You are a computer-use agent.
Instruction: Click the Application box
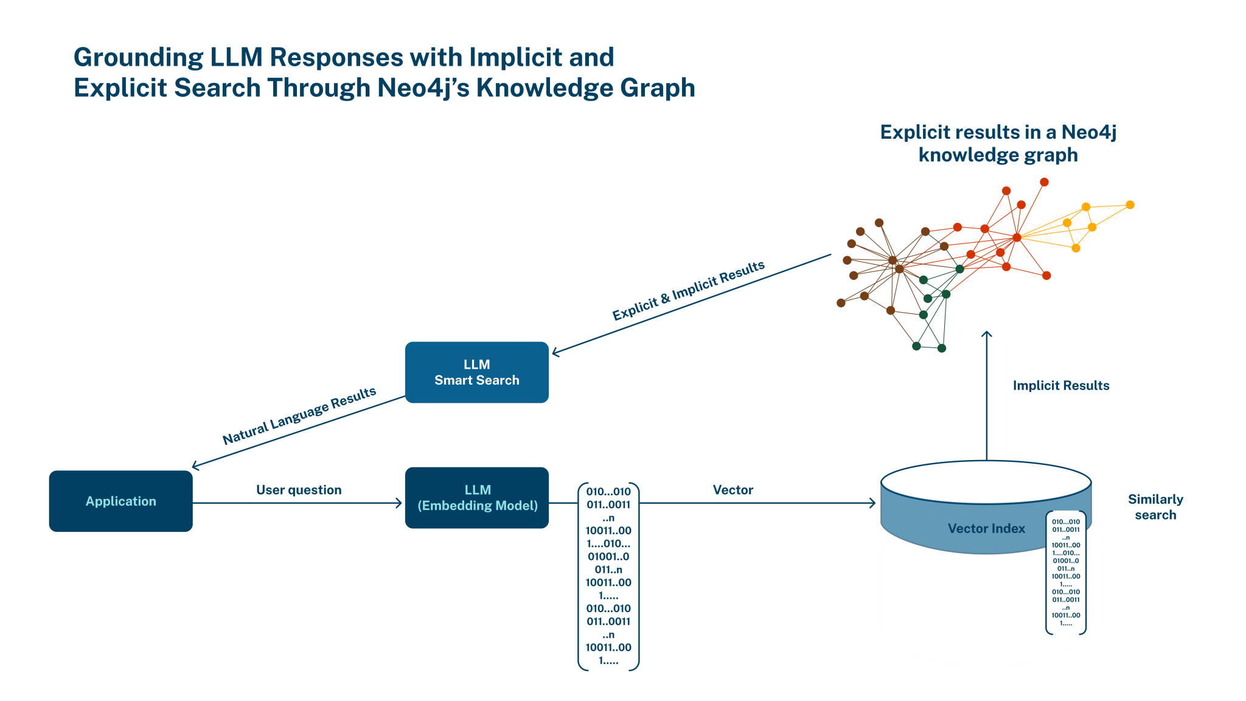pos(120,501)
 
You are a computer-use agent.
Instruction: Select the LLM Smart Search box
pos(476,372)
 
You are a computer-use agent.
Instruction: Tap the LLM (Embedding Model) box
pos(476,498)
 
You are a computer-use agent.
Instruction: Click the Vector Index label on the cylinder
pos(986,528)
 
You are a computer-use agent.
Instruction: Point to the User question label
pos(299,490)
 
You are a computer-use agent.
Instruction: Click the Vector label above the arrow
pos(733,490)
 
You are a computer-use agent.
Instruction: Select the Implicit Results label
pos(1060,385)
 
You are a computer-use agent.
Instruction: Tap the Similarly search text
pos(1155,507)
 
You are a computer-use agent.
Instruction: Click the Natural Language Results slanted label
pos(299,416)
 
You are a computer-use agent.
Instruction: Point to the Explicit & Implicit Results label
pos(688,291)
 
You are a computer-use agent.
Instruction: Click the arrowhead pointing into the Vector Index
pos(873,503)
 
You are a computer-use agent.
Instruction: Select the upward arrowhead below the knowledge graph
pos(987,334)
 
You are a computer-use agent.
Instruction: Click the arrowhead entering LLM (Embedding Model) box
pos(399,503)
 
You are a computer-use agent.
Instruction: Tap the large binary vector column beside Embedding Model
pos(608,575)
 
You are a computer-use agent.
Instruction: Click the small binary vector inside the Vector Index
pos(1065,572)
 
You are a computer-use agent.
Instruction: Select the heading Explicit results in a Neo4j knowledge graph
pos(998,143)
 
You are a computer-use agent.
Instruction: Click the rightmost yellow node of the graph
pos(1130,205)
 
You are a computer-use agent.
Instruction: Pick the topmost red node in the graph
pos(1044,182)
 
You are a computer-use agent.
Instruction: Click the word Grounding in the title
pos(138,57)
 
